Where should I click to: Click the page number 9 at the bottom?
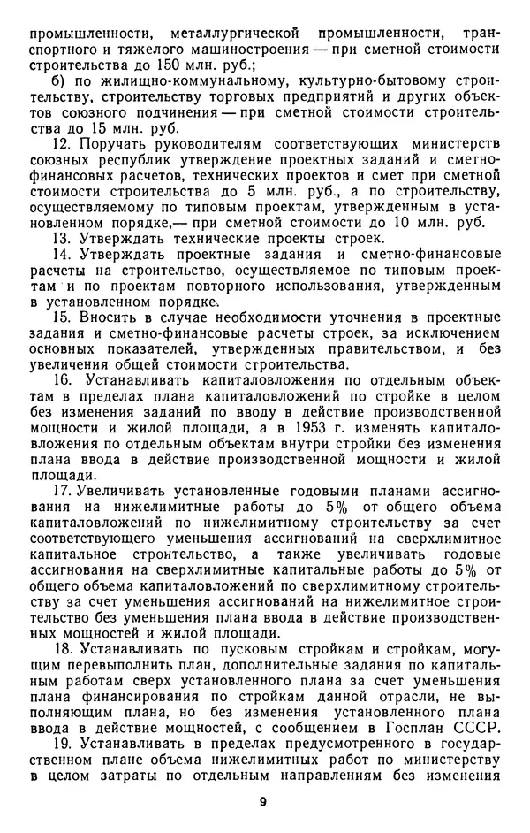point(263,801)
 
